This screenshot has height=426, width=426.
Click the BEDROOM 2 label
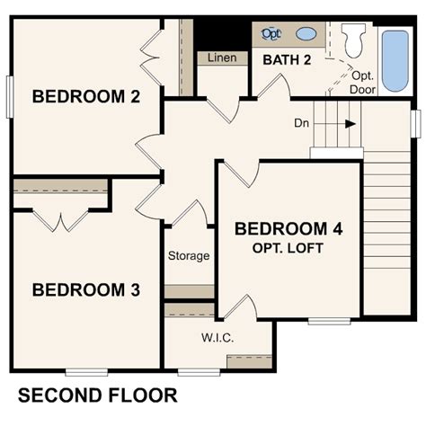click(85, 97)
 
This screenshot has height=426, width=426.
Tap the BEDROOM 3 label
click(85, 289)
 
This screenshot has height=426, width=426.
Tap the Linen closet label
click(222, 58)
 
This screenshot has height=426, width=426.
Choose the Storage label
click(189, 256)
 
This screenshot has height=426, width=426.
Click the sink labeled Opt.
click(271, 34)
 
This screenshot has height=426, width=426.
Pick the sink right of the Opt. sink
click(306, 34)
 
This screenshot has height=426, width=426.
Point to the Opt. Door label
click(361, 82)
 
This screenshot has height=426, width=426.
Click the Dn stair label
click(302, 123)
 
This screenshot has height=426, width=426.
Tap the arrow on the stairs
click(346, 124)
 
